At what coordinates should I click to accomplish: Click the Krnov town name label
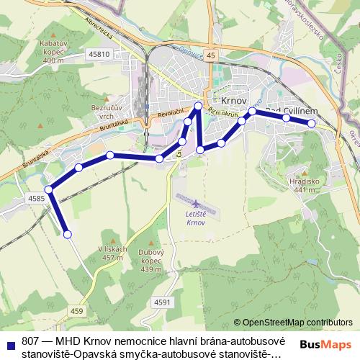point(235,102)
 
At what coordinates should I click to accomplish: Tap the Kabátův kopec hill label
point(54,51)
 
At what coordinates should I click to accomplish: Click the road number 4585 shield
point(37,198)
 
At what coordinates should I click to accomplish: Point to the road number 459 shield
point(77,310)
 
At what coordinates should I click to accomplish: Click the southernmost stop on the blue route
point(68,234)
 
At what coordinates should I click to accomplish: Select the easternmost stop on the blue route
point(312,124)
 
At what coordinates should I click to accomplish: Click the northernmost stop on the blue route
point(199,107)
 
